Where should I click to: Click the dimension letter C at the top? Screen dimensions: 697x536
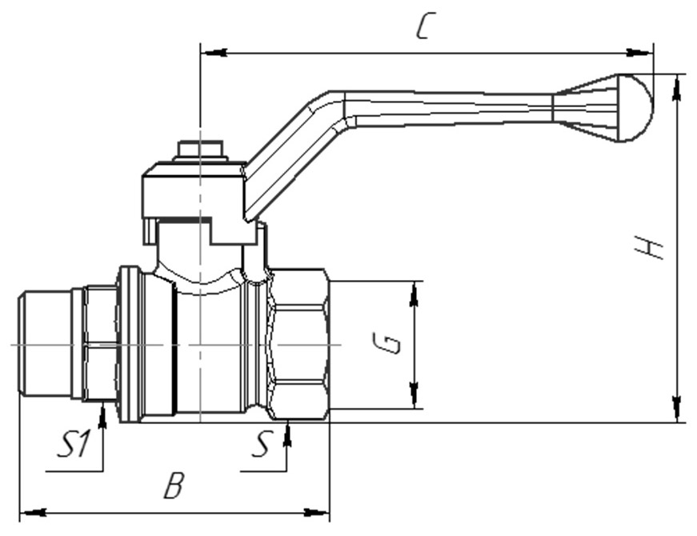click(427, 26)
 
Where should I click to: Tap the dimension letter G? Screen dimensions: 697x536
click(387, 343)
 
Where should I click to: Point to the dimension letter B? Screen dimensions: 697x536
click(174, 486)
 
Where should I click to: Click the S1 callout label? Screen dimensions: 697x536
click(74, 443)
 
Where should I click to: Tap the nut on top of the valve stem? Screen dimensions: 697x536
click(200, 150)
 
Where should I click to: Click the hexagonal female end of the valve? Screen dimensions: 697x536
click(298, 345)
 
